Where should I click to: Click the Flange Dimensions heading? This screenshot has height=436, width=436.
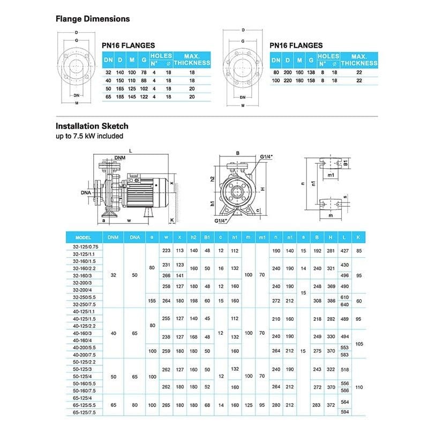pyautogui.click(x=93, y=19)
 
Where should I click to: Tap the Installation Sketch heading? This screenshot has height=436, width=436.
pyautogui.click(x=92, y=126)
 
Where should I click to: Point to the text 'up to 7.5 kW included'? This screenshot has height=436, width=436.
pyautogui.click(x=89, y=136)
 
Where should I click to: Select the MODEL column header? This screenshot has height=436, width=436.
pyautogui.click(x=84, y=237)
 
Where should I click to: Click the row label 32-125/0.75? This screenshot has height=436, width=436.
pyautogui.click(x=84, y=246)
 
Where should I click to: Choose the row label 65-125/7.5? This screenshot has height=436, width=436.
pyautogui.click(x=84, y=412)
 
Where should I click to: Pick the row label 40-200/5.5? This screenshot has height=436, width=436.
pyautogui.click(x=84, y=348)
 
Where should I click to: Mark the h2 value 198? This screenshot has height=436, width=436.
pyautogui.click(x=193, y=300)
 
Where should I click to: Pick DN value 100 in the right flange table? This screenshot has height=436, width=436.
pyautogui.click(x=276, y=80)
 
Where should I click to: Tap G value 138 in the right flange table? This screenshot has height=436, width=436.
pyautogui.click(x=311, y=72)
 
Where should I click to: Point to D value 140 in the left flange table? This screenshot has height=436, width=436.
pyautogui.click(x=121, y=72)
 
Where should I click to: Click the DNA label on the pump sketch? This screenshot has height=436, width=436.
pyautogui.click(x=86, y=192)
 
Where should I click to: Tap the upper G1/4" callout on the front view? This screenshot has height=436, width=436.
pyautogui.click(x=266, y=156)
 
